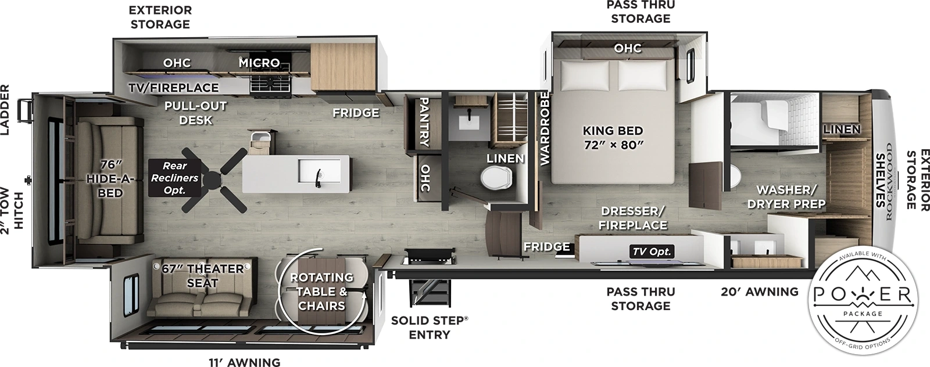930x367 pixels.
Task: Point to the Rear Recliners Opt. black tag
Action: click(x=174, y=178)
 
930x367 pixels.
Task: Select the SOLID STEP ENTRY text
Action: click(x=429, y=328)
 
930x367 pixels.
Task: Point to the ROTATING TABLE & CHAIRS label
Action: click(x=321, y=292)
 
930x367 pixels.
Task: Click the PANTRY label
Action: click(x=424, y=121)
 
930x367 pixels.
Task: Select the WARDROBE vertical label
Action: click(x=545, y=129)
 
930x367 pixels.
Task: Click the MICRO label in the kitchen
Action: click(x=259, y=62)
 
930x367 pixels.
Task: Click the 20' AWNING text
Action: click(x=759, y=292)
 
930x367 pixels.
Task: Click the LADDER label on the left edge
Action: click(x=5, y=110)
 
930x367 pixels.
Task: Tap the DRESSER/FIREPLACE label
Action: click(x=634, y=218)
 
